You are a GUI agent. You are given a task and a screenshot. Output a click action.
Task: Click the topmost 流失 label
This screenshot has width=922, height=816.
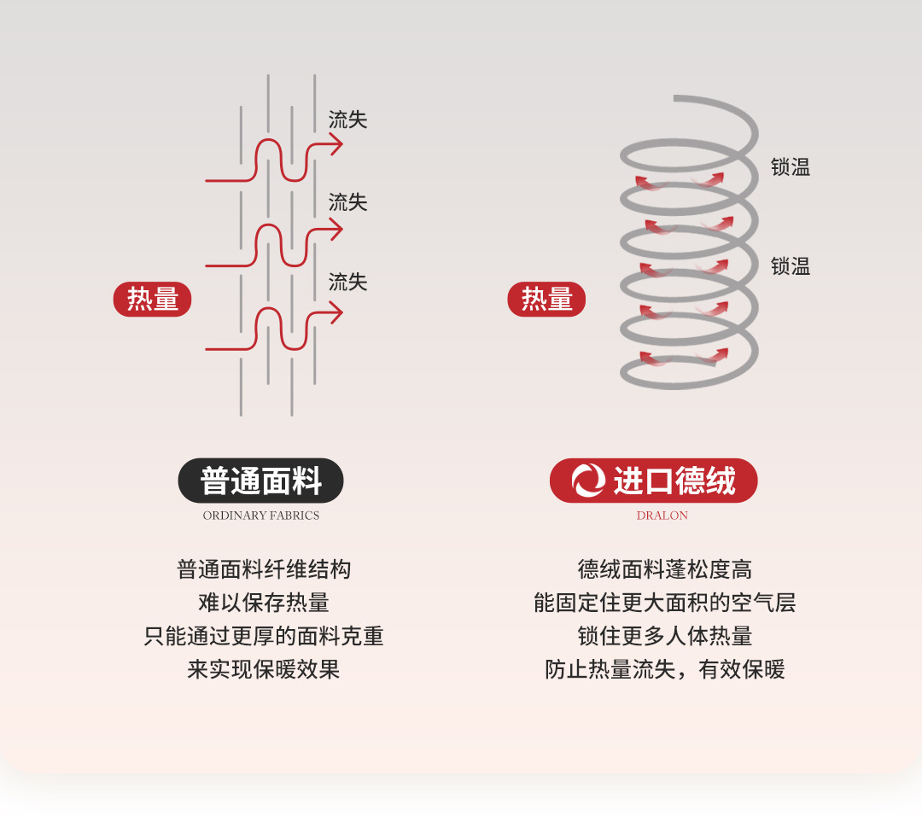tap(347, 120)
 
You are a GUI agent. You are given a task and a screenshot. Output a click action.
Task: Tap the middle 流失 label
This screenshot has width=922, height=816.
tap(347, 202)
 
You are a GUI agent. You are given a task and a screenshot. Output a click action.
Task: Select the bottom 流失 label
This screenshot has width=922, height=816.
tap(347, 283)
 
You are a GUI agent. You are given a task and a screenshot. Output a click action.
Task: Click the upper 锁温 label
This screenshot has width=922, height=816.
tap(790, 168)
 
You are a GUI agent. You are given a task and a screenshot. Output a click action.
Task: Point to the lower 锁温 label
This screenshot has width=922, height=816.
tap(790, 266)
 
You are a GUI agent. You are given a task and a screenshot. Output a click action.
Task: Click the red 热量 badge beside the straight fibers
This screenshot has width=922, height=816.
tap(153, 300)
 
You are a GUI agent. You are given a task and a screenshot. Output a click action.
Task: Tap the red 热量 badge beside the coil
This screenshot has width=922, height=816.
tap(546, 300)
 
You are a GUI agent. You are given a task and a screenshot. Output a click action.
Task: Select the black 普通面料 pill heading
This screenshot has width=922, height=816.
tap(260, 481)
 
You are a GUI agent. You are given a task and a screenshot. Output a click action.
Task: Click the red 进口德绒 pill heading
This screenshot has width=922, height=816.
tap(653, 481)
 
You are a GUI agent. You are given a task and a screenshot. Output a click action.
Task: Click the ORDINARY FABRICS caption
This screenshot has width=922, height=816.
tap(261, 516)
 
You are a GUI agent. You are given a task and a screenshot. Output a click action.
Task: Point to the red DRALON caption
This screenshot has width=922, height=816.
tap(662, 516)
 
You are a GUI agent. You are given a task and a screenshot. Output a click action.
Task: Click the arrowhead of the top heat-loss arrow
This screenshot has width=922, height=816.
tap(337, 145)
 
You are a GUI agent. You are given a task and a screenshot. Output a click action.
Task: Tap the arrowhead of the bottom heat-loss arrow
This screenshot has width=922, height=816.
tap(337, 314)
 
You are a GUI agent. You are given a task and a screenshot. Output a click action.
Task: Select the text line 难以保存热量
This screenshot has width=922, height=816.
tap(264, 603)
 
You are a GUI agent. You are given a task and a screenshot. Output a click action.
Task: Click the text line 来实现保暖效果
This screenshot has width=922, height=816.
tap(264, 669)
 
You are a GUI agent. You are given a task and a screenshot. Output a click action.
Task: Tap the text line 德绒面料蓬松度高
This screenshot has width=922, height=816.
tap(664, 569)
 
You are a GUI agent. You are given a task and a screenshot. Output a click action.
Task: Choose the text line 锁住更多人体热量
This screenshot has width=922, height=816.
tap(664, 636)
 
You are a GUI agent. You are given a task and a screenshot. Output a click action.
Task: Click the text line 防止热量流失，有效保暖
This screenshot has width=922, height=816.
tap(664, 669)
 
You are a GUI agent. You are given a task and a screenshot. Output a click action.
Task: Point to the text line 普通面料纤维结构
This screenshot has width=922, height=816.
tap(264, 569)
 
